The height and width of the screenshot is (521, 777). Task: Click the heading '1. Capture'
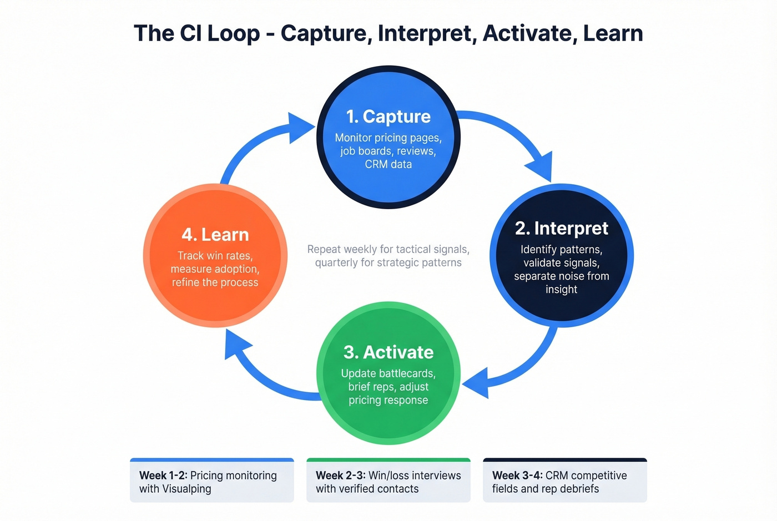point(388,117)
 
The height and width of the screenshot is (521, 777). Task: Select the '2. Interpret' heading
point(561,228)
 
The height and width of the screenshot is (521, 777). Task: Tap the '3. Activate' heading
point(388,352)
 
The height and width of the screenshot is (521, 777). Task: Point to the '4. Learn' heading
point(215,235)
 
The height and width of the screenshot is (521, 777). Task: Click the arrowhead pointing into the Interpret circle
point(540,165)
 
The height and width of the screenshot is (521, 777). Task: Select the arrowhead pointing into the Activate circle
point(476,382)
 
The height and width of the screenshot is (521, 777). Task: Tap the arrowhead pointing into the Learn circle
point(235,345)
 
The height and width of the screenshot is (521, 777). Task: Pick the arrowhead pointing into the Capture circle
point(300,128)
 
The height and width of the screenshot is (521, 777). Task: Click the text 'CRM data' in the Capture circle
point(388,164)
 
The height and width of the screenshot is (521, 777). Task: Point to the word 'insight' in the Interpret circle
point(561,289)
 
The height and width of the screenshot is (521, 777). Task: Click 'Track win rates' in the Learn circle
point(215,256)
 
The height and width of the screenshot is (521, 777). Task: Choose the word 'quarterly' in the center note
point(336,262)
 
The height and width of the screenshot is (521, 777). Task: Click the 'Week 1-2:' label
point(163,476)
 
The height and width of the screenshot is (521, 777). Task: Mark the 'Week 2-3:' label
point(340,476)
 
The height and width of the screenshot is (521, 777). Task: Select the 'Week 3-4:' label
point(517,476)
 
